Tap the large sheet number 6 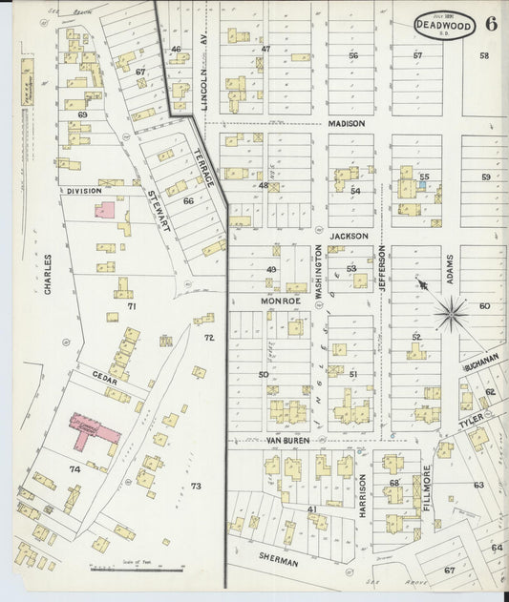tap(491, 25)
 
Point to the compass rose tap(451, 309)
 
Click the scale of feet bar tap(138, 571)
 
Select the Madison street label tap(348, 124)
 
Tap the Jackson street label tap(350, 235)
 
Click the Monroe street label tap(282, 300)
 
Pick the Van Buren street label tap(288, 441)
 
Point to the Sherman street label tap(278, 562)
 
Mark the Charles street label tap(46, 276)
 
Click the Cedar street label tap(104, 380)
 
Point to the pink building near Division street tap(107, 209)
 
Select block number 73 tap(196, 487)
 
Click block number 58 tap(484, 55)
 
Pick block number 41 tap(311, 509)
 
